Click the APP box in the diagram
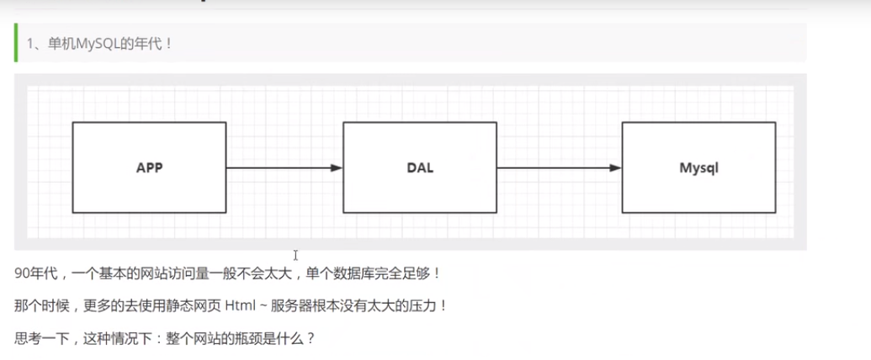pyautogui.click(x=149, y=167)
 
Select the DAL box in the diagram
pyautogui.click(x=419, y=167)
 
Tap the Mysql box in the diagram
pyautogui.click(x=698, y=167)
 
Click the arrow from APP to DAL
pyautogui.click(x=282, y=168)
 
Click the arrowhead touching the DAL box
pyautogui.click(x=337, y=168)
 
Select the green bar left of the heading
pyautogui.click(x=16, y=43)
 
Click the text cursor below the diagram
pyautogui.click(x=295, y=255)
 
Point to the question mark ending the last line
pyautogui.click(x=311, y=338)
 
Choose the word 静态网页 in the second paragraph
pyautogui.click(x=193, y=305)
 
